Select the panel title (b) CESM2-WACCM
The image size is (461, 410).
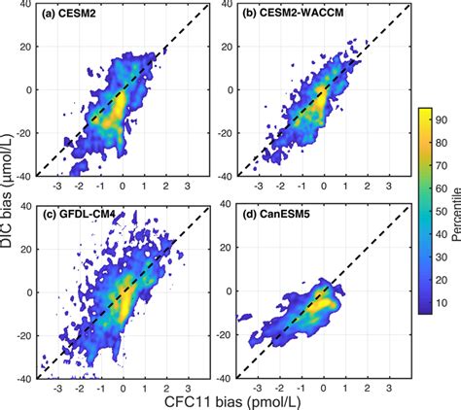282,16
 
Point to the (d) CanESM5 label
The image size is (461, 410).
274,214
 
